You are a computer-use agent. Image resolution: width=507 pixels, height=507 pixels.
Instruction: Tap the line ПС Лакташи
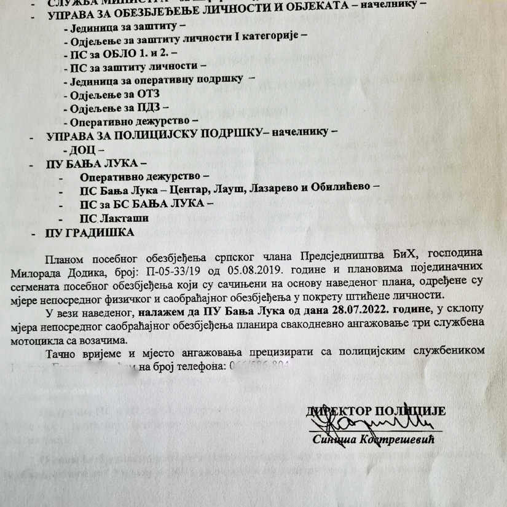(115, 218)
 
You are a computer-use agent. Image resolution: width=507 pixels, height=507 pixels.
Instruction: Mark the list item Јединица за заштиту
(122, 26)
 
